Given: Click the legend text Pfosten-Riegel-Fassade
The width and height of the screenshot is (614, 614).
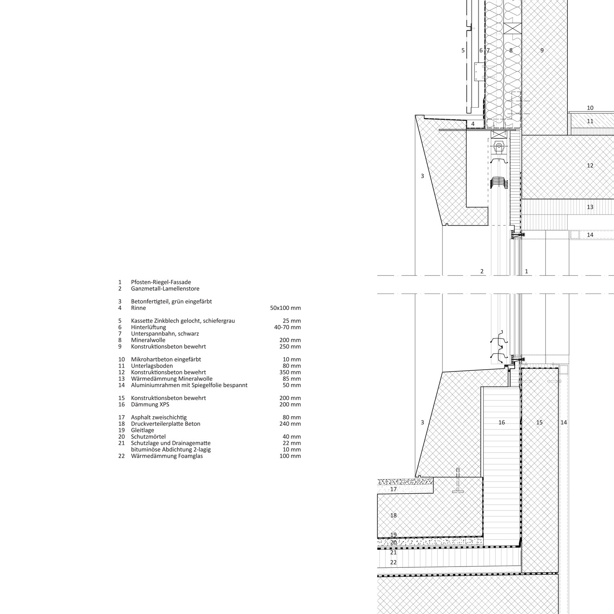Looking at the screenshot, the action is (x=161, y=282).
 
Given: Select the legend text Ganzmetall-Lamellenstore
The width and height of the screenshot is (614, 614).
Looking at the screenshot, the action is (x=165, y=289).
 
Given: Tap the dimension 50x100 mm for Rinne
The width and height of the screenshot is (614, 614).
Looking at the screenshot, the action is (x=285, y=308).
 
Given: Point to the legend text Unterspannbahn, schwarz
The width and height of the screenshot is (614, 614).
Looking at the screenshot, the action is (x=165, y=334).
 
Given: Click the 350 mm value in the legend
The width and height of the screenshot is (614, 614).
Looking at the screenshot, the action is (x=290, y=372).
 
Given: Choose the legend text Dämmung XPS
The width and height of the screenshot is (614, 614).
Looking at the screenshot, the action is (x=150, y=404).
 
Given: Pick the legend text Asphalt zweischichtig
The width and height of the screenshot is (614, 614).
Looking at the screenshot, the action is (x=159, y=417).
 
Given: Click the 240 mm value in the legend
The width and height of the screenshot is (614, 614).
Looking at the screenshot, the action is (x=290, y=424).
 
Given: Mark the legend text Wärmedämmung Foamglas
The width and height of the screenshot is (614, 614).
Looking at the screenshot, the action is (x=167, y=456).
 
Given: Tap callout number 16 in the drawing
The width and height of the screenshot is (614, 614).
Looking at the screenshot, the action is (x=501, y=422).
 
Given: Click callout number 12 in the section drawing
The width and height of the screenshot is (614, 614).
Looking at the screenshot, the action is (x=590, y=165).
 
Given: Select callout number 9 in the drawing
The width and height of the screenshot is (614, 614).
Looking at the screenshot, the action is (x=542, y=50).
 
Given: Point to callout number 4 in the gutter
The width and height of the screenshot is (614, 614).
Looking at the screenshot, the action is (x=473, y=124).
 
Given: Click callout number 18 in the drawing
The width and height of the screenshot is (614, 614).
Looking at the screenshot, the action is (x=393, y=515).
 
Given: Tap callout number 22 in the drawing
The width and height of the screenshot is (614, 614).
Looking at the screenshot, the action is (x=393, y=562).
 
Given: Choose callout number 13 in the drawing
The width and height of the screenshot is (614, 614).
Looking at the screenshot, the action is (x=590, y=207).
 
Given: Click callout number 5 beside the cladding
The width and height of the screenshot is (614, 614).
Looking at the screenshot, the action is (x=463, y=50).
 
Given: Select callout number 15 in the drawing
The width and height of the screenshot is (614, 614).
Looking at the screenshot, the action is (x=540, y=422).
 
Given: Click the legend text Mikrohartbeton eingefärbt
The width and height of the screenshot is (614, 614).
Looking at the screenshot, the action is (x=166, y=359).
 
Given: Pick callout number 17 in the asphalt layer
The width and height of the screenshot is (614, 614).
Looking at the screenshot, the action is (x=393, y=489).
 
